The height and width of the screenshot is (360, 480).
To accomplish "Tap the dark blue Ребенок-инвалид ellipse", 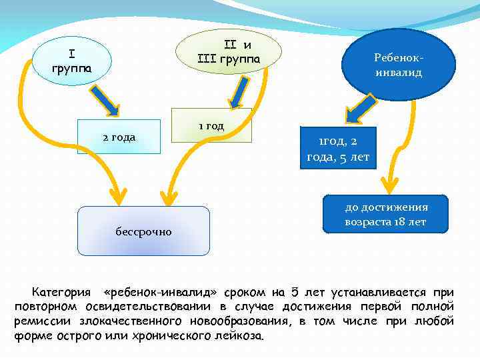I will (x=398, y=65).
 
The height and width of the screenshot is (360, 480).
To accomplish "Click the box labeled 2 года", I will (x=119, y=137).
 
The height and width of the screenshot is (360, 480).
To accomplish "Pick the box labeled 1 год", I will (x=211, y=125).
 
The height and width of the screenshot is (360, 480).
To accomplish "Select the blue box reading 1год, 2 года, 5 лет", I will (x=338, y=149).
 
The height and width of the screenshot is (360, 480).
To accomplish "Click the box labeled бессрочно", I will (x=143, y=231).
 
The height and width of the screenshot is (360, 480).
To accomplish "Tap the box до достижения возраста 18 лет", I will (x=386, y=214).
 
